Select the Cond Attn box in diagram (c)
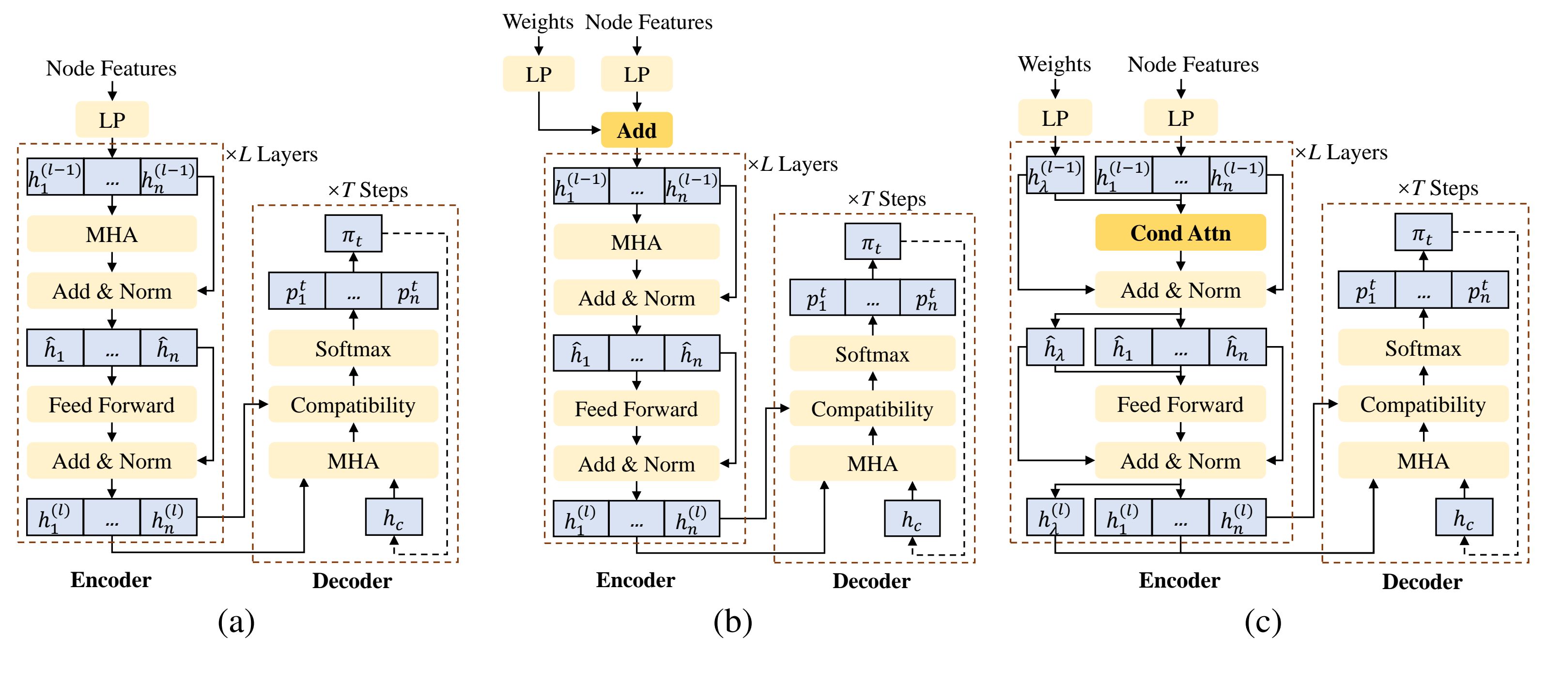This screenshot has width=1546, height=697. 1180,233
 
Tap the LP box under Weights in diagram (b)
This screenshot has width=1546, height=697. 539,75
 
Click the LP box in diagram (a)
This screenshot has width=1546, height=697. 111,120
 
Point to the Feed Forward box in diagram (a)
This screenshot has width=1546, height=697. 111,405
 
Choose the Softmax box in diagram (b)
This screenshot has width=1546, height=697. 872,354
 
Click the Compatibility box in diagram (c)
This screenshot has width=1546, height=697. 1422,404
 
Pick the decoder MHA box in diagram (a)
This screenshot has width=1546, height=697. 353,461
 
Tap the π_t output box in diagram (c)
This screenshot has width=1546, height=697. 1422,233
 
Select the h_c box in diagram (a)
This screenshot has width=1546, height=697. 394,517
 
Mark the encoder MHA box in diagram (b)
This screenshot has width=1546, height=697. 636,242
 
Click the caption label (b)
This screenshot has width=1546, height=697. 732,621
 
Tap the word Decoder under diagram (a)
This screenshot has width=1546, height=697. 352,581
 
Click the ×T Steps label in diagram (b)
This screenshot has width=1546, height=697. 886,198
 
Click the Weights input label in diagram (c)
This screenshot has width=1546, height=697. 1054,64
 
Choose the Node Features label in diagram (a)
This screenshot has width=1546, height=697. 111,68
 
